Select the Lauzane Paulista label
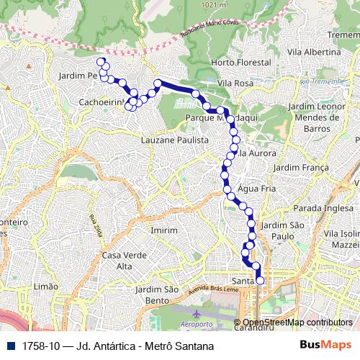(x=175, y=140)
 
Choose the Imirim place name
(x=163, y=230)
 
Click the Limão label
(x=45, y=286)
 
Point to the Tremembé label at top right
(x=343, y=35)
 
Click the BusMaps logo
(x=325, y=346)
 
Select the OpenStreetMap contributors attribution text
(x=297, y=323)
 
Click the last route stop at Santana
(x=260, y=281)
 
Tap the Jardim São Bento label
(x=157, y=294)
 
